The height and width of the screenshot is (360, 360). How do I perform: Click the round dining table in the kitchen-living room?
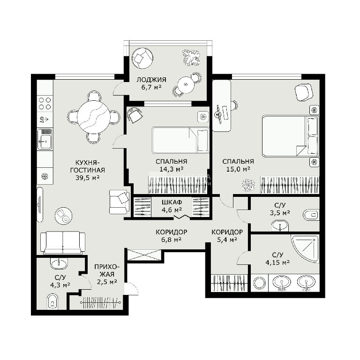coord(94,117)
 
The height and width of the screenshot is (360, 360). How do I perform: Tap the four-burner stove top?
coord(45,103)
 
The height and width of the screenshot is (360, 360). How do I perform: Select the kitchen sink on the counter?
coord(45,139)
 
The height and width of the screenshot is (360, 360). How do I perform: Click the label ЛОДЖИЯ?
coord(151,80)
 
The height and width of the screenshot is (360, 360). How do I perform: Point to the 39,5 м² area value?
coord(88,178)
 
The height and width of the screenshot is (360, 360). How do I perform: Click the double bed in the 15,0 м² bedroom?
coord(291,136)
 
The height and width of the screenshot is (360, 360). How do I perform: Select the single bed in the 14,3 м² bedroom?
coord(180,140)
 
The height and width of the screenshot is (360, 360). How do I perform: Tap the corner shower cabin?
coord(305,248)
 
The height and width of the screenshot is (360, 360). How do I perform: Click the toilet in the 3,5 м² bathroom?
coord(311,215)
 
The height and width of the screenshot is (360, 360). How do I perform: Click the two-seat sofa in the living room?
coord(63,243)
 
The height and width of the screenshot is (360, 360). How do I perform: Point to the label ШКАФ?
coord(172,202)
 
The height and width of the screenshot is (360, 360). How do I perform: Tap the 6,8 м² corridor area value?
coord(172,240)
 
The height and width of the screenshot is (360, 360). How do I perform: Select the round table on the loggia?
coord(186,85)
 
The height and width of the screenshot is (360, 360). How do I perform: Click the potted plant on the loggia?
coord(191,58)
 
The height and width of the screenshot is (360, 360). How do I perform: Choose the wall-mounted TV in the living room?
coord(40,204)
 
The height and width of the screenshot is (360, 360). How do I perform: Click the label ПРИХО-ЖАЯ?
coord(107,270)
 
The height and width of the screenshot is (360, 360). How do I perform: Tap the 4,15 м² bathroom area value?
coord(277,262)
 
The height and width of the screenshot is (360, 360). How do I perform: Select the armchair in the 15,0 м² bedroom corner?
coord(304,92)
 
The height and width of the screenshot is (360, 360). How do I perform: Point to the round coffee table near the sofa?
coord(63,216)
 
